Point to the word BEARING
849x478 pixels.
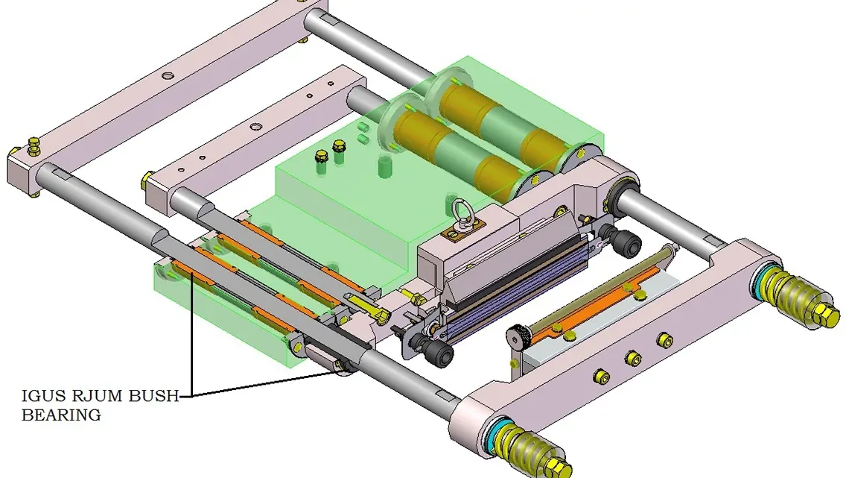pyautogui.click(x=61, y=415)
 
